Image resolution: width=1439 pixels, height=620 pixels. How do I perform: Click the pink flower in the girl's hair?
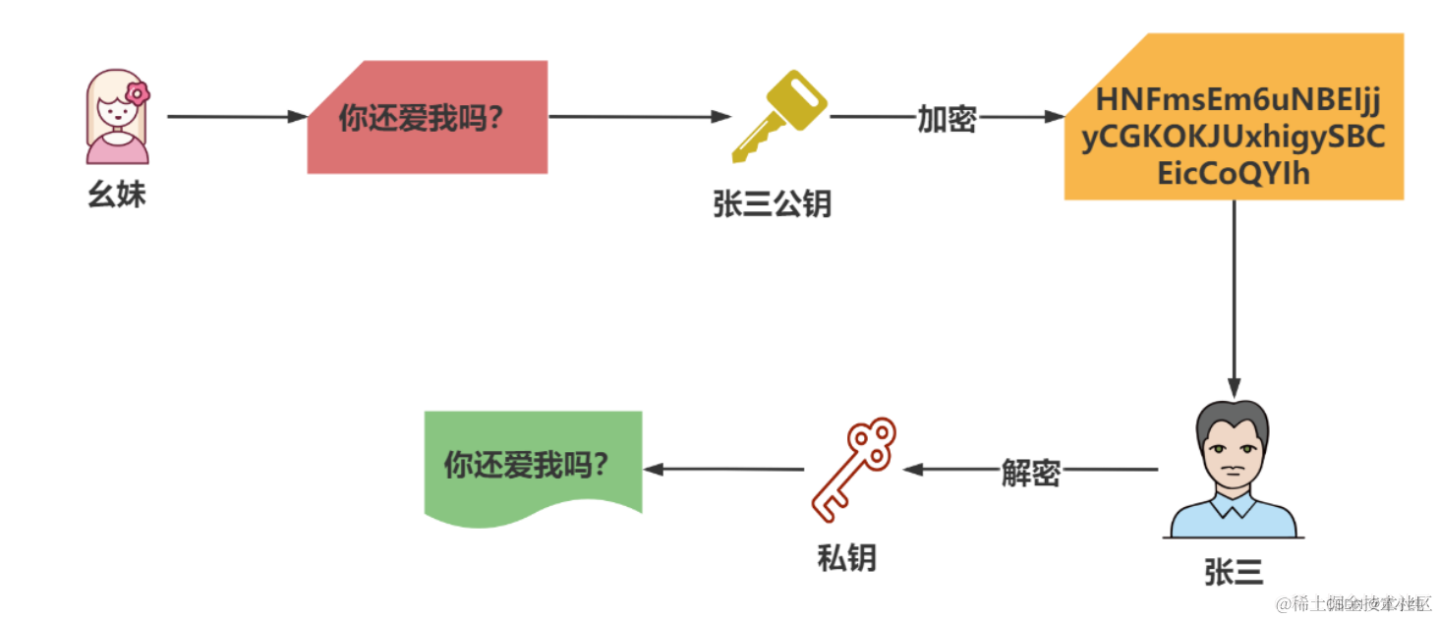pos(138,93)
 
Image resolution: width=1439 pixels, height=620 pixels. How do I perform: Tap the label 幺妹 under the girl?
pos(117,195)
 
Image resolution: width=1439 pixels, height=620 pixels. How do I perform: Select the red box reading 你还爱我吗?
pos(427,118)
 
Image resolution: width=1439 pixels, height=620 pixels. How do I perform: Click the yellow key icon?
pos(778,116)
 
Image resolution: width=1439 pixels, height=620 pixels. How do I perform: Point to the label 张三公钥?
pos(772,203)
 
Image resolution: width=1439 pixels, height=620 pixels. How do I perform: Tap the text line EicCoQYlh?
pos(1234,174)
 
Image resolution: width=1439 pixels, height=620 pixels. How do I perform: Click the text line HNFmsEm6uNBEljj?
pos(1239,100)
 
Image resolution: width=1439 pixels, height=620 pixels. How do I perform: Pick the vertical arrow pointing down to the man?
pos(1234,295)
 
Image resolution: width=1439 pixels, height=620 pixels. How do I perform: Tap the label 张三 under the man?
pos(1234,573)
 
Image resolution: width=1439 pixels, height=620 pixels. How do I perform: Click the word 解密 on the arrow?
pos(1030,472)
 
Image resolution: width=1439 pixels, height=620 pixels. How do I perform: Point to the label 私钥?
pos(846,558)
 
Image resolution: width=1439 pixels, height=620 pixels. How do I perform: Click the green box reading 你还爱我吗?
pos(532,465)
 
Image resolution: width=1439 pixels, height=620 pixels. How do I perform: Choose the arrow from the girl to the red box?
pos(237,117)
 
